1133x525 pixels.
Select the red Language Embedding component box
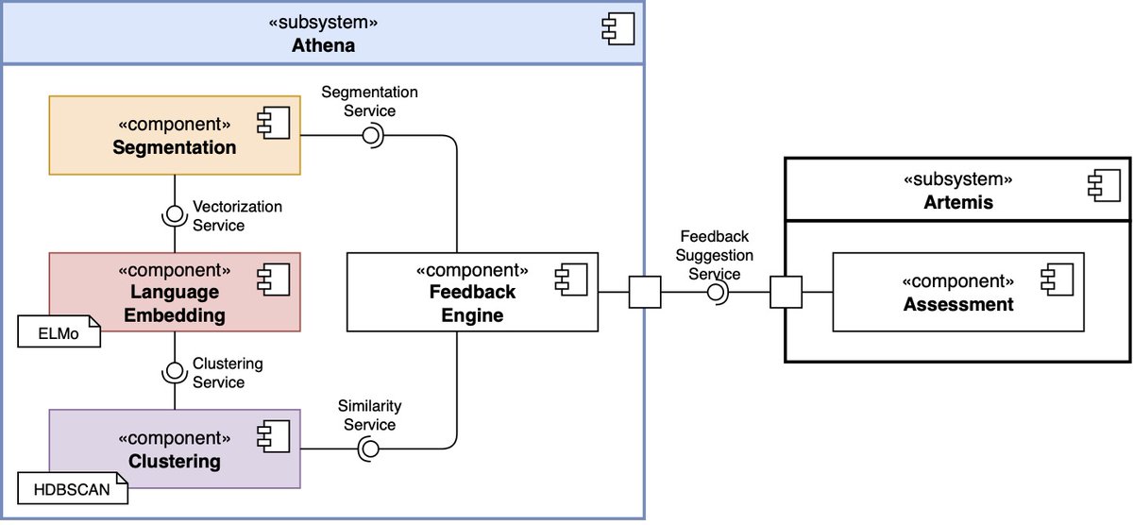(174, 292)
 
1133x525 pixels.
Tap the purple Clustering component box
(174, 449)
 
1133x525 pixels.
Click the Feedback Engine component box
(472, 292)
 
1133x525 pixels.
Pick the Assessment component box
(957, 293)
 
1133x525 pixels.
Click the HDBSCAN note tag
(72, 490)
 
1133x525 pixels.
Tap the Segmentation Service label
(369, 101)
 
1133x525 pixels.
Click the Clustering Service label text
(227, 372)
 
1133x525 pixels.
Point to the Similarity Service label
(369, 415)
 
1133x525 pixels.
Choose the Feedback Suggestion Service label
(716, 255)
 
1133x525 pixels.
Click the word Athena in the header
(323, 44)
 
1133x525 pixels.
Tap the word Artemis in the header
(957, 202)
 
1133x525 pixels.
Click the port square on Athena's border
(644, 293)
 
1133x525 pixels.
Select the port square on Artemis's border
(786, 293)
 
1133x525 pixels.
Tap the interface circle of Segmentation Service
(370, 136)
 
